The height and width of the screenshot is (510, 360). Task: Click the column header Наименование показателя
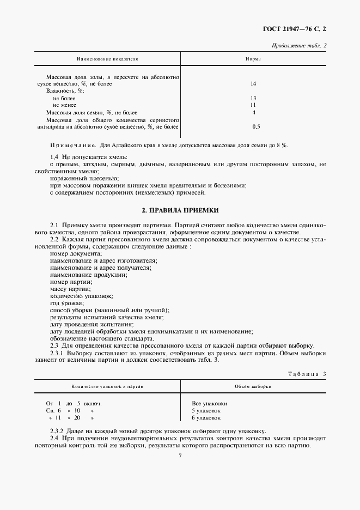click(x=107, y=58)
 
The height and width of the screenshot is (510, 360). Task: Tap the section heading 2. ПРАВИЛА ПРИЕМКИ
click(x=180, y=210)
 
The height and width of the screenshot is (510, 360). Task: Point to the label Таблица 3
click(x=306, y=373)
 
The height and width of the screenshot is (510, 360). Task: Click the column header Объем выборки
click(x=253, y=386)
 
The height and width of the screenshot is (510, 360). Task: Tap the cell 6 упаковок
click(x=206, y=417)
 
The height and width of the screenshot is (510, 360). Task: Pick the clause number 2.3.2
click(x=58, y=430)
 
